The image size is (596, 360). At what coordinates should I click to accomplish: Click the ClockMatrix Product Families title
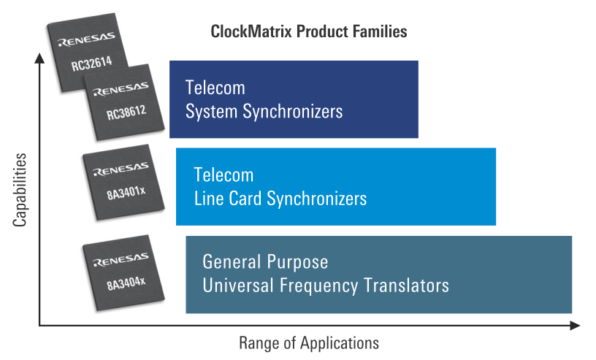coord(308,32)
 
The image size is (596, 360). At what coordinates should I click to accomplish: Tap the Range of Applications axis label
coord(309,342)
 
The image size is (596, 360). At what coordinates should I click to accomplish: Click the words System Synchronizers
coord(264,112)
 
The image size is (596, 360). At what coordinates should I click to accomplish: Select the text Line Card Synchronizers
coord(280,198)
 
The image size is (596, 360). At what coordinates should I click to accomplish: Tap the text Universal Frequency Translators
coord(325,284)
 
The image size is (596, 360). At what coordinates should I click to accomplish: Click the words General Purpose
coord(265,261)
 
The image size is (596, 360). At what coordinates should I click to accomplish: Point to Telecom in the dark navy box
coord(215,88)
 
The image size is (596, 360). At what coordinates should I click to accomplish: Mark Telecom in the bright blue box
coord(223,175)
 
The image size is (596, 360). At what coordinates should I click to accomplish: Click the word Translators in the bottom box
coord(405,284)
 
